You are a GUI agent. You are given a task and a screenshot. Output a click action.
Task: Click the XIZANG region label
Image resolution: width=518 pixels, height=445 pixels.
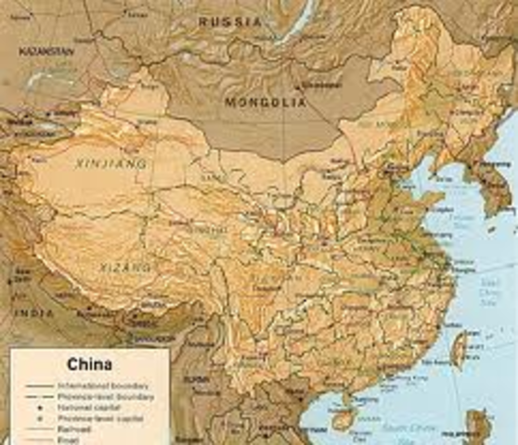(123, 268)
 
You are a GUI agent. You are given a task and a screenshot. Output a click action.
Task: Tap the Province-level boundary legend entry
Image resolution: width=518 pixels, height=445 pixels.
(102, 396)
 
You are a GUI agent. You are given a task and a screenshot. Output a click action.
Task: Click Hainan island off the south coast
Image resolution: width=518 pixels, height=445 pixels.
(343, 420)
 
